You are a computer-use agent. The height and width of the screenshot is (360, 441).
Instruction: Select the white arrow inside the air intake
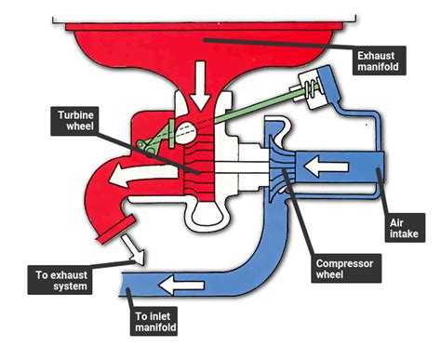click(336, 167)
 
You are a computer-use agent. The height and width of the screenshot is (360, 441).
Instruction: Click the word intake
click(403, 236)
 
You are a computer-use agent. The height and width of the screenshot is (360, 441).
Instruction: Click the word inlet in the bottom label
click(157, 315)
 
